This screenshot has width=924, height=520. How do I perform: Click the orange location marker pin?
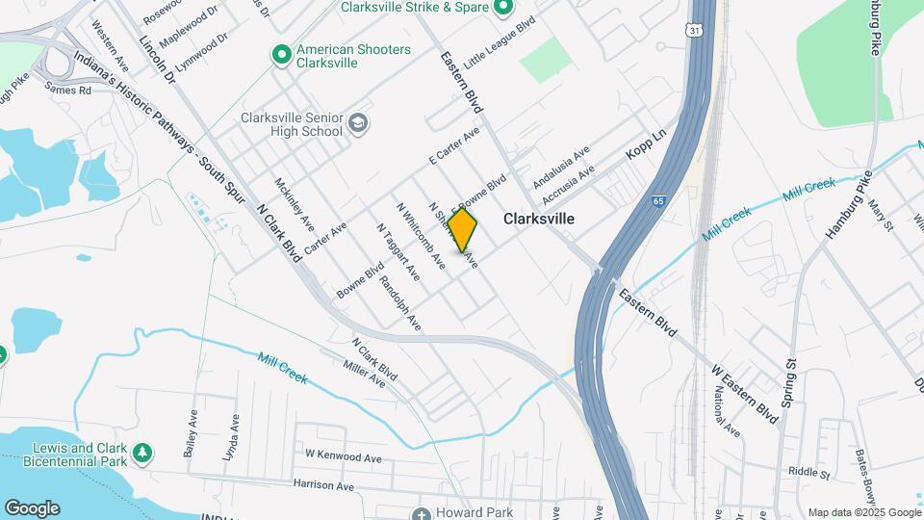(462, 229)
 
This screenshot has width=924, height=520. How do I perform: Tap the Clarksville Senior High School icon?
(358, 123)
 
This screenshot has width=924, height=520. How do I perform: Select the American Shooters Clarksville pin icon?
(281, 55)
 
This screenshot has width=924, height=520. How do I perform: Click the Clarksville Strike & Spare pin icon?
(502, 9)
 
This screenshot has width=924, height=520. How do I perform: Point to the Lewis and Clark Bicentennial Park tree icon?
(142, 452)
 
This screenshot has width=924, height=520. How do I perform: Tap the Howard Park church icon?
(419, 513)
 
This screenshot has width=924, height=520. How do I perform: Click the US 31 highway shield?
(695, 32)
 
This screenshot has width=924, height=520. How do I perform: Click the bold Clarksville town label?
(539, 219)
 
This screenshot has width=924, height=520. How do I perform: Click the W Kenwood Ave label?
(344, 454)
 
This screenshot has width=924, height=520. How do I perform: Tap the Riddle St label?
(808, 473)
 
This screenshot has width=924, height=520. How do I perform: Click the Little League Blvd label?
(499, 43)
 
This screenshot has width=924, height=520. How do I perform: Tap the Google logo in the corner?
(32, 508)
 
